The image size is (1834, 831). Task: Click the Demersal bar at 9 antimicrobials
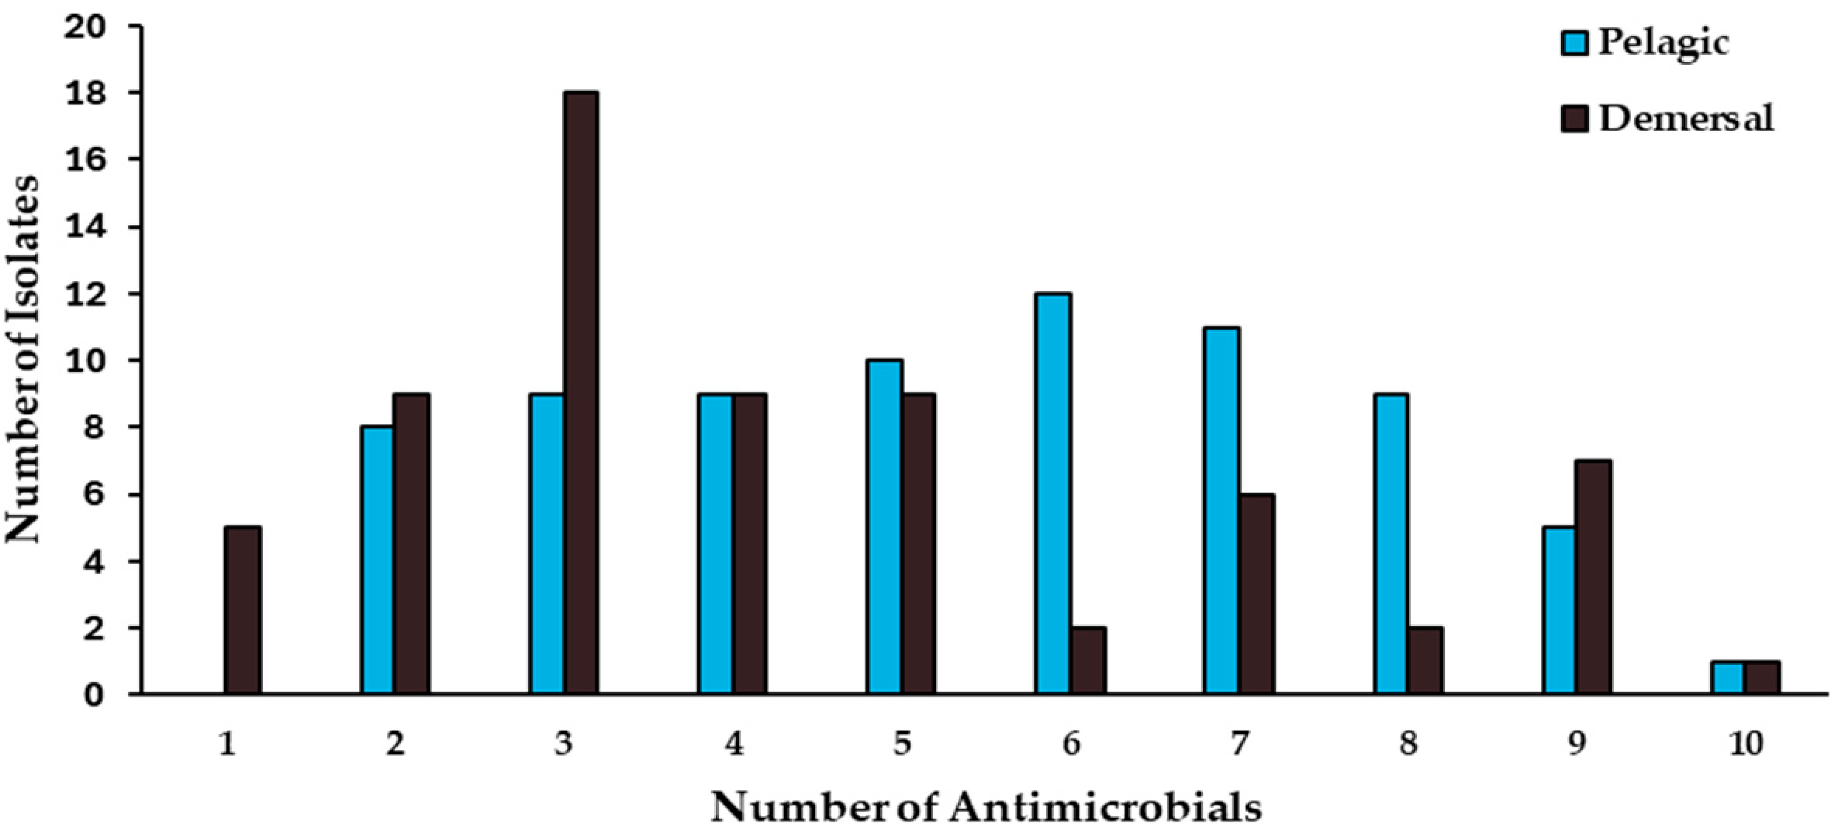[x=1594, y=577]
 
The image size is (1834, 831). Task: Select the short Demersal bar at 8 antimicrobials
[x=1424, y=660]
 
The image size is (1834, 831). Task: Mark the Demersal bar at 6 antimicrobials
[x=1087, y=660]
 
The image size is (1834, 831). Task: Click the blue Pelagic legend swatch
[x=1575, y=43]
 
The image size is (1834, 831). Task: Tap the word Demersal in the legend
[x=1686, y=117]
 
